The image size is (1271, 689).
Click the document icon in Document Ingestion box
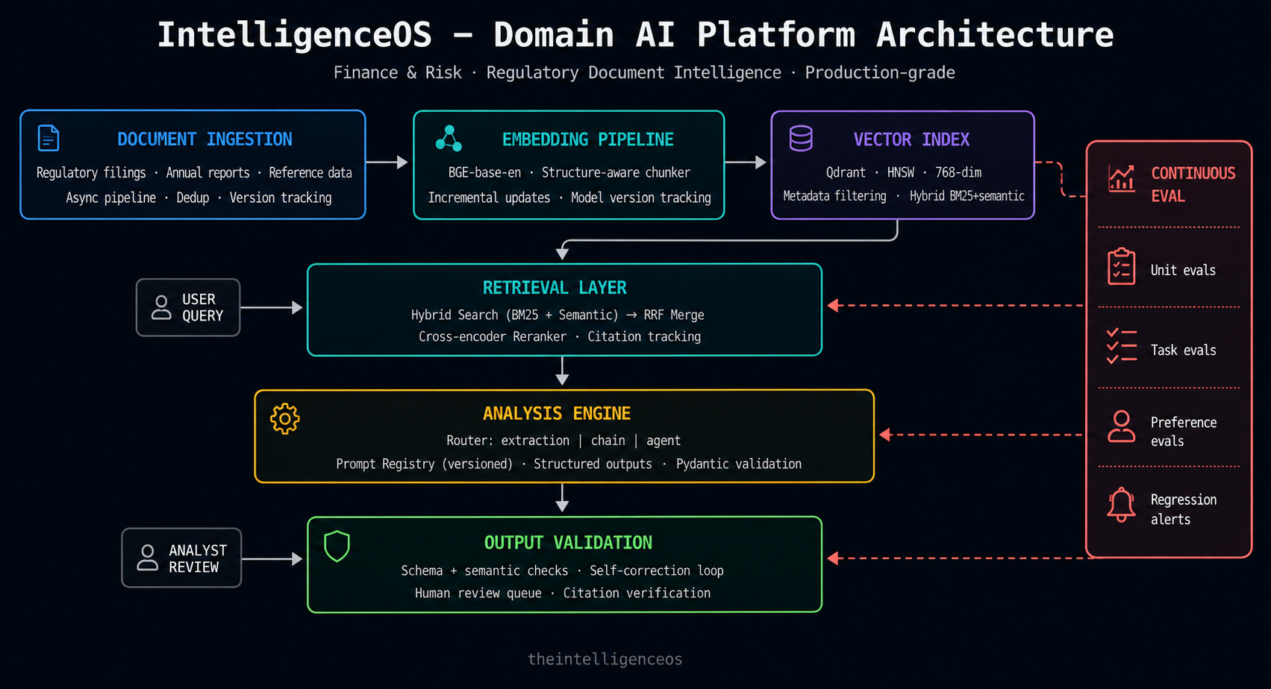tap(49, 138)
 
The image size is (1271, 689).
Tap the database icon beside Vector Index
tap(801, 138)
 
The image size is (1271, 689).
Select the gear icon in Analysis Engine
tap(285, 418)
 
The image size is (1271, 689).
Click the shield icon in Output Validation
tap(337, 546)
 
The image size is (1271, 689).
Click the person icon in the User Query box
tap(161, 307)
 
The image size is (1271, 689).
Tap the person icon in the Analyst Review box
tap(148, 558)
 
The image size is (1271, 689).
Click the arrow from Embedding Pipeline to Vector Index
tap(746, 163)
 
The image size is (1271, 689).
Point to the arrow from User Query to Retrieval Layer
tap(271, 307)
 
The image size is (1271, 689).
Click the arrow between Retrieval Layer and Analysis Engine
tap(562, 371)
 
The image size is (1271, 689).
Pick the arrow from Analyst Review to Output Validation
tap(272, 559)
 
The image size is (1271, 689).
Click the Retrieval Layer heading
tap(555, 288)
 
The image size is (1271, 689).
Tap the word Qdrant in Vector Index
tap(846, 172)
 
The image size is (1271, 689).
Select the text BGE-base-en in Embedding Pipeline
tap(484, 172)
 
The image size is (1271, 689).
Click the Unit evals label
tap(1183, 270)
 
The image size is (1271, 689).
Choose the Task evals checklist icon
tap(1121, 345)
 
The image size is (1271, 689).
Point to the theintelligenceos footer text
tap(605, 659)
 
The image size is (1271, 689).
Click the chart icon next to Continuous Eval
tap(1121, 179)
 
